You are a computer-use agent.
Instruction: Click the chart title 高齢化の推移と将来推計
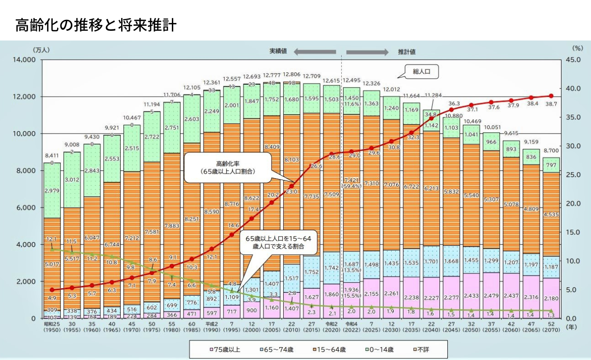(x=96, y=25)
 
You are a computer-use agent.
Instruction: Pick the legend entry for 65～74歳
(x=275, y=349)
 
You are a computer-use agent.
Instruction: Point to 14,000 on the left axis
(x=22, y=60)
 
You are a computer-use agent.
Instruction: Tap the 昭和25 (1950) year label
(x=52, y=328)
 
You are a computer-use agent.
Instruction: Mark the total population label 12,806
(x=292, y=75)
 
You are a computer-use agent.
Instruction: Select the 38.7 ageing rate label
(x=552, y=105)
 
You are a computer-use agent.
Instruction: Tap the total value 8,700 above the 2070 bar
(x=551, y=151)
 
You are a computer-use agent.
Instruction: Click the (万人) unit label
(x=41, y=49)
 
